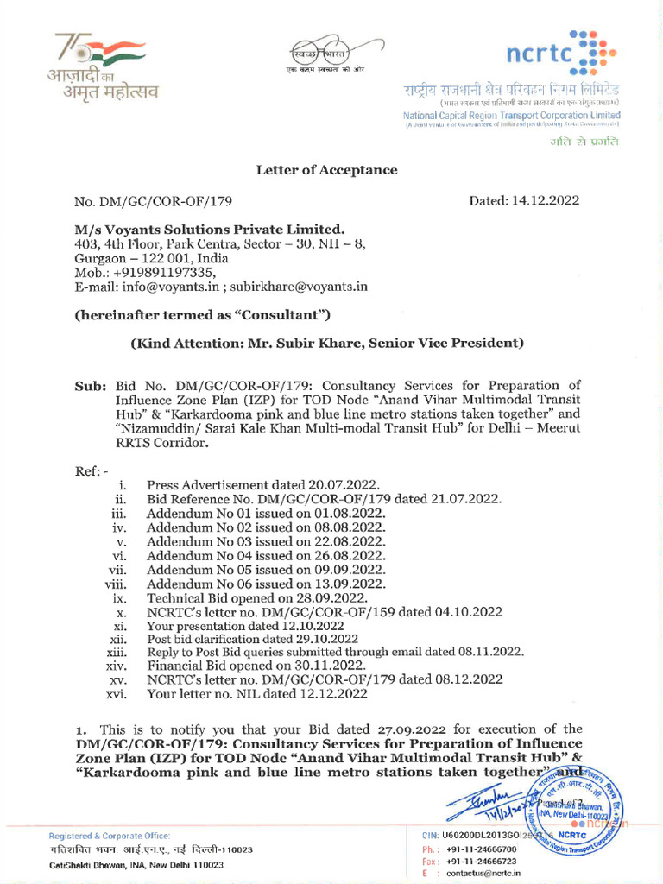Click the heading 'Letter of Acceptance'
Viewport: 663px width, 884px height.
click(326, 170)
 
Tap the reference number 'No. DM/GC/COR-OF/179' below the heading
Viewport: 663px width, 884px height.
click(154, 201)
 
